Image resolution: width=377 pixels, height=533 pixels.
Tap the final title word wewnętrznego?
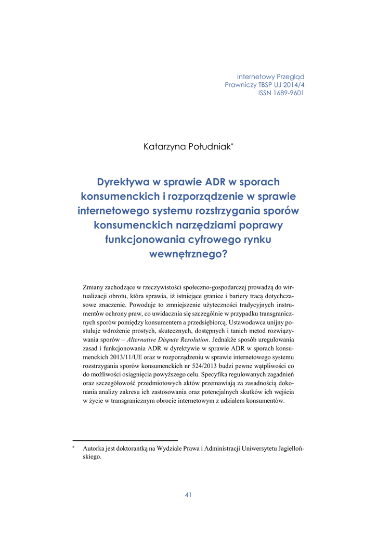pos(188,255)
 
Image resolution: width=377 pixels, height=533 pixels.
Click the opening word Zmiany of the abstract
pos(95,287)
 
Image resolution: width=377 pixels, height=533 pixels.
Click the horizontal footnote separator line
pos(125,440)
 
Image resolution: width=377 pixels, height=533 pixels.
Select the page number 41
pos(188,495)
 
